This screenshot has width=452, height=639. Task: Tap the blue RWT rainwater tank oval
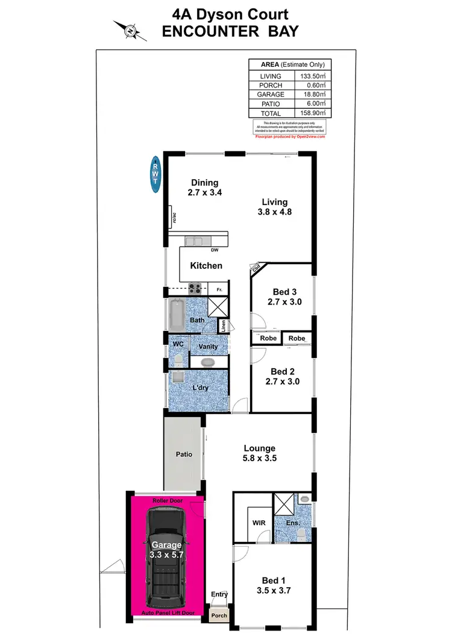tap(155, 175)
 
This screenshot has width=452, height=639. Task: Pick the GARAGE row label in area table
tap(271, 95)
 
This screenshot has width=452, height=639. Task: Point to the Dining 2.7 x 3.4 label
tap(204, 188)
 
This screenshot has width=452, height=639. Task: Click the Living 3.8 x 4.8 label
tap(274, 207)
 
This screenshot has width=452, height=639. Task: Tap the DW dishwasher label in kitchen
tap(214, 250)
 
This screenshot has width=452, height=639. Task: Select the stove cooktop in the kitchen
tap(196, 289)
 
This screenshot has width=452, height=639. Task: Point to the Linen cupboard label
tap(223, 326)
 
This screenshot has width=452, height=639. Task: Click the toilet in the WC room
tap(178, 360)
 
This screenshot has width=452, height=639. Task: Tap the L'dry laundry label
tap(200, 388)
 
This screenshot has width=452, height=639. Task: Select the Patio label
tap(184, 454)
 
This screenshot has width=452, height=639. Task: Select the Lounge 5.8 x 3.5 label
tap(259, 453)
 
